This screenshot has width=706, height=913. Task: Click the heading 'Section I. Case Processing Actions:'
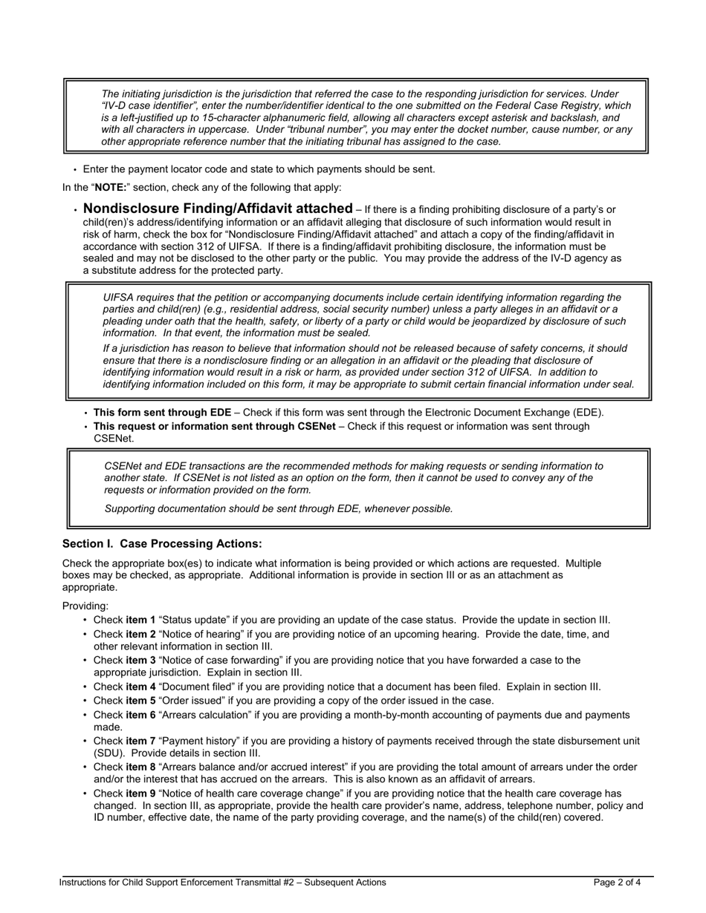[x=162, y=544]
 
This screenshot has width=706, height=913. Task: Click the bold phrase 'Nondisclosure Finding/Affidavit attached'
[x=218, y=209]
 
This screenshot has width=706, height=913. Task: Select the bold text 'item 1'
[x=140, y=620]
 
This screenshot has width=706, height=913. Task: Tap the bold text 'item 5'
[x=140, y=700]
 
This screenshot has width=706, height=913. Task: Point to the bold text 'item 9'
[x=140, y=793]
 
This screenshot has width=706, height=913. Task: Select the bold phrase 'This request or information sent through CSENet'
[x=214, y=426]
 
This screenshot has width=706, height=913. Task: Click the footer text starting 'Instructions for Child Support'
[x=223, y=883]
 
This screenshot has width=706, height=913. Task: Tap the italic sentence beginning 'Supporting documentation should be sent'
[x=279, y=508]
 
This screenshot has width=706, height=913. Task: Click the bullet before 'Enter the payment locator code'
[x=75, y=170]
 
